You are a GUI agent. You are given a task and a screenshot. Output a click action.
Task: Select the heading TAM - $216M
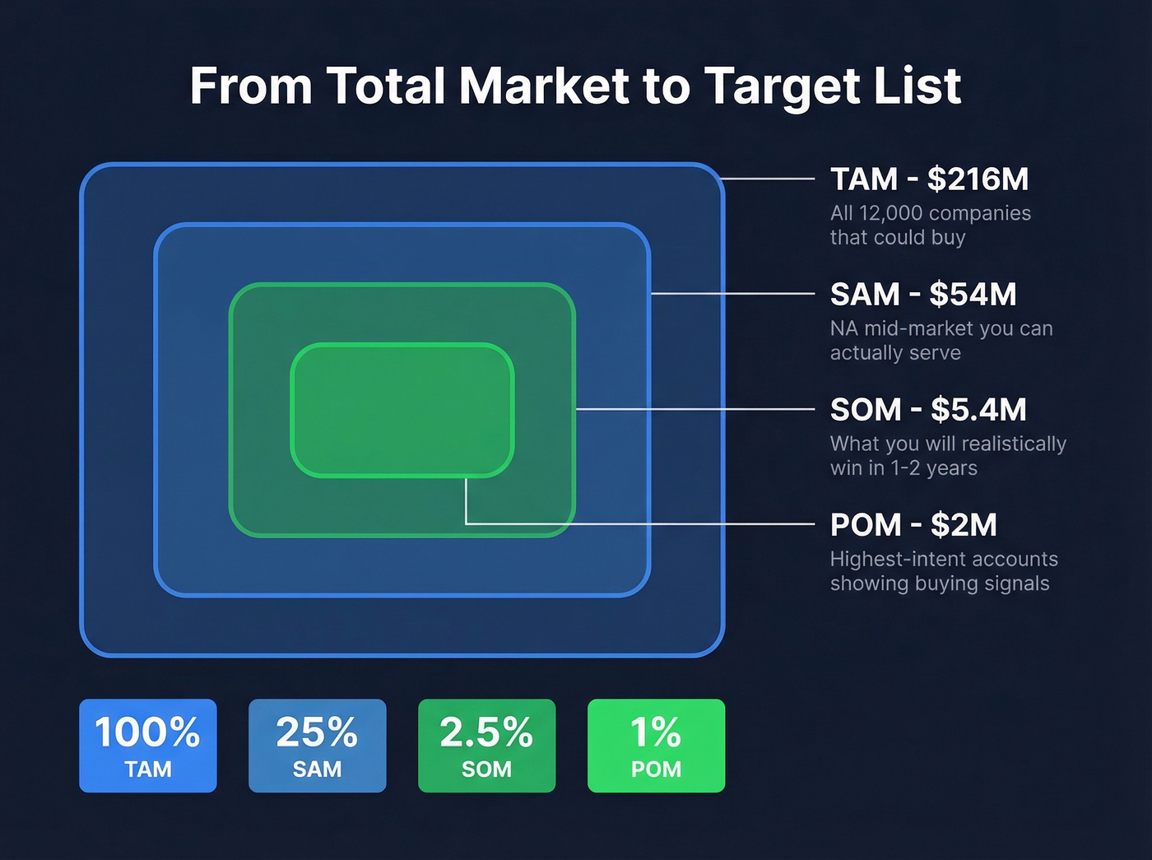[929, 179]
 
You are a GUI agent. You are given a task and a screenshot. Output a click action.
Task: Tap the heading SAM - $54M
[923, 294]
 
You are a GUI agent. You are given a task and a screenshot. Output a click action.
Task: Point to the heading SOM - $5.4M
[928, 409]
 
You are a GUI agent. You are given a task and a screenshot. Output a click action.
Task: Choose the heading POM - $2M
[913, 524]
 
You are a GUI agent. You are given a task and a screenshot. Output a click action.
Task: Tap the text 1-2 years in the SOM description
[934, 468]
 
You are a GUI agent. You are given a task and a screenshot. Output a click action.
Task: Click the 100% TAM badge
[148, 746]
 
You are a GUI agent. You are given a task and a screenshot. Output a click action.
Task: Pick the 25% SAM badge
[317, 746]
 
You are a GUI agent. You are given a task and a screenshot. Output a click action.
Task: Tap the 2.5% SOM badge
[486, 746]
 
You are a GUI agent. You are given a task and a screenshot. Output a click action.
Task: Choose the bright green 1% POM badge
[656, 746]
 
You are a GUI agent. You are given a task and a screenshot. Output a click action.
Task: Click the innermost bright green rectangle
[402, 411]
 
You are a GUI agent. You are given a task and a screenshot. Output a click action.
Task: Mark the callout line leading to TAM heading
[769, 178]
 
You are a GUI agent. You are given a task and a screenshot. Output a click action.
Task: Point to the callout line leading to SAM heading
[732, 293]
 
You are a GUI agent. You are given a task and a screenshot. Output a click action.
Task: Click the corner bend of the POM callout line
[467, 523]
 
